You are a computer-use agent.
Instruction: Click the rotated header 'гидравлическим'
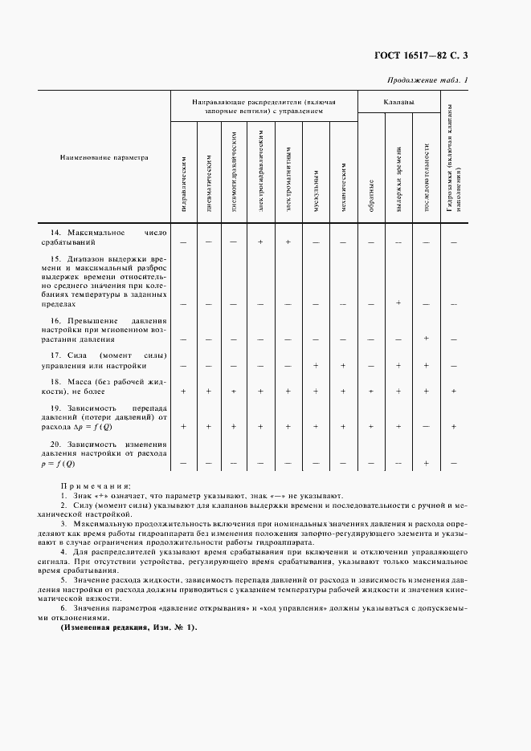pos(185,187)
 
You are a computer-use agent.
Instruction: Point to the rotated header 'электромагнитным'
pos(288,183)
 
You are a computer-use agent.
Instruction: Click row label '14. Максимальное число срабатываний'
pos(105,236)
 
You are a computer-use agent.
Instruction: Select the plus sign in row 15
pos(398,302)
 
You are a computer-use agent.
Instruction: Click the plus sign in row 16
pos(426,339)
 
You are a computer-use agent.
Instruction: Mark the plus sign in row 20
pos(426,463)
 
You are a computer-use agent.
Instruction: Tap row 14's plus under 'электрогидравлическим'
pos(261,241)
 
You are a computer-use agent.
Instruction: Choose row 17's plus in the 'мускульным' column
pos(317,365)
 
